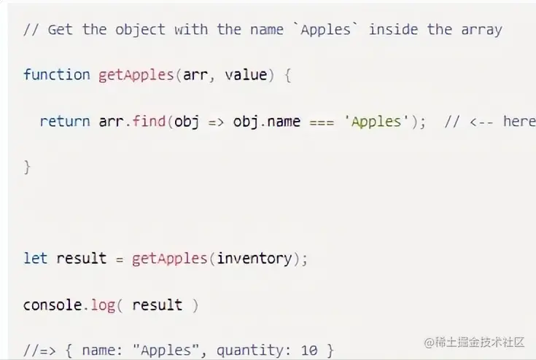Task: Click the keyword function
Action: click(x=56, y=74)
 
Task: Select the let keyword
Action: click(x=35, y=258)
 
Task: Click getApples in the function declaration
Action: click(x=136, y=74)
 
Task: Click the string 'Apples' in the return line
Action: click(x=376, y=121)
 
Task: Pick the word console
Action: click(x=52, y=305)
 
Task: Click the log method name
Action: click(x=103, y=305)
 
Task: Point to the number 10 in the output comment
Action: click(x=308, y=351)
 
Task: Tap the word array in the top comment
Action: click(x=481, y=29)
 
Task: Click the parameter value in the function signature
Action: click(x=246, y=74)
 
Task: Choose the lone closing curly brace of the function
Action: click(x=27, y=167)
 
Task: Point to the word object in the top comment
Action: click(x=140, y=29)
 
